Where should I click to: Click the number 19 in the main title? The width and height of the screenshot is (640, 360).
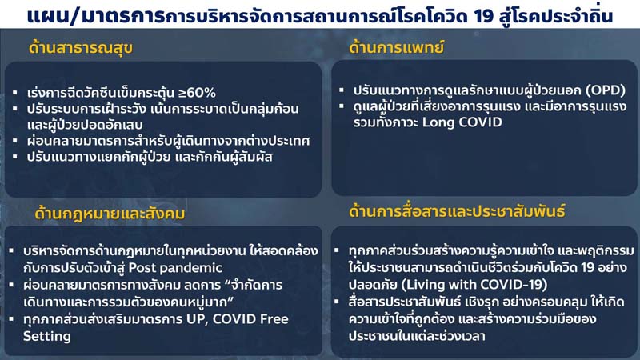click(x=484, y=16)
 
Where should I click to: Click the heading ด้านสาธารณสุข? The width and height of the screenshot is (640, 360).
click(x=81, y=48)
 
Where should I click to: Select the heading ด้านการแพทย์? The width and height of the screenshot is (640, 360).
click(x=396, y=47)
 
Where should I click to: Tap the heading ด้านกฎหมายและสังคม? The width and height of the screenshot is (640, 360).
click(x=110, y=214)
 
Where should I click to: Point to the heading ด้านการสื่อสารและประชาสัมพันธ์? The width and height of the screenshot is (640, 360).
click(x=457, y=211)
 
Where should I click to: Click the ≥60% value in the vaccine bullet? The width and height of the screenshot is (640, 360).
click(x=197, y=93)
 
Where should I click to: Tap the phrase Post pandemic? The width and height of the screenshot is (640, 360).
click(x=175, y=268)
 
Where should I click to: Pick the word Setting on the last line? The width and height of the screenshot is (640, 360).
click(x=47, y=336)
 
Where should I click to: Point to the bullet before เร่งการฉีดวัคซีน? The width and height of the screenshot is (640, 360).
click(x=15, y=93)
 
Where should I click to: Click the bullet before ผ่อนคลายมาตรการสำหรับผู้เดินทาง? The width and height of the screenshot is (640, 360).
click(x=15, y=141)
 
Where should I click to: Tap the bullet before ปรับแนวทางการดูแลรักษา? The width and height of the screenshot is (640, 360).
click(x=342, y=90)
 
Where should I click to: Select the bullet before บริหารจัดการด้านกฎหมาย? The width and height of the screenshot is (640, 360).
click(x=11, y=250)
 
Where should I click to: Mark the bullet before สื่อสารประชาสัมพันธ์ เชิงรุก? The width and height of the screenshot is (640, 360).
click(x=337, y=302)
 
